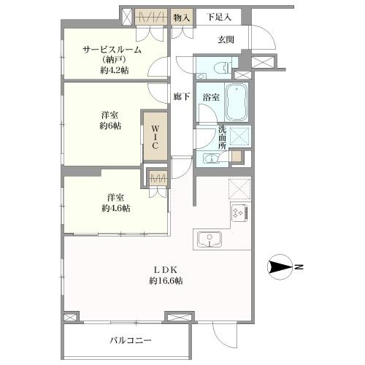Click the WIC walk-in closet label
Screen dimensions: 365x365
click(155, 137)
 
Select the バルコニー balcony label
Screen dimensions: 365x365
click(131, 340)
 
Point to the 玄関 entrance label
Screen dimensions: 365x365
click(226, 40)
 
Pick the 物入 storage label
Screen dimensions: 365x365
click(182, 17)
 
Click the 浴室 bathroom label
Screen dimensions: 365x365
click(212, 96)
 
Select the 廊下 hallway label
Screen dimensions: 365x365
click(182, 96)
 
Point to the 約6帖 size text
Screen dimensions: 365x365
click(111, 126)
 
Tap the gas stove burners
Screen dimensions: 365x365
click(240, 213)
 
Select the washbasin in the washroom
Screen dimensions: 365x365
click(210, 161)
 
